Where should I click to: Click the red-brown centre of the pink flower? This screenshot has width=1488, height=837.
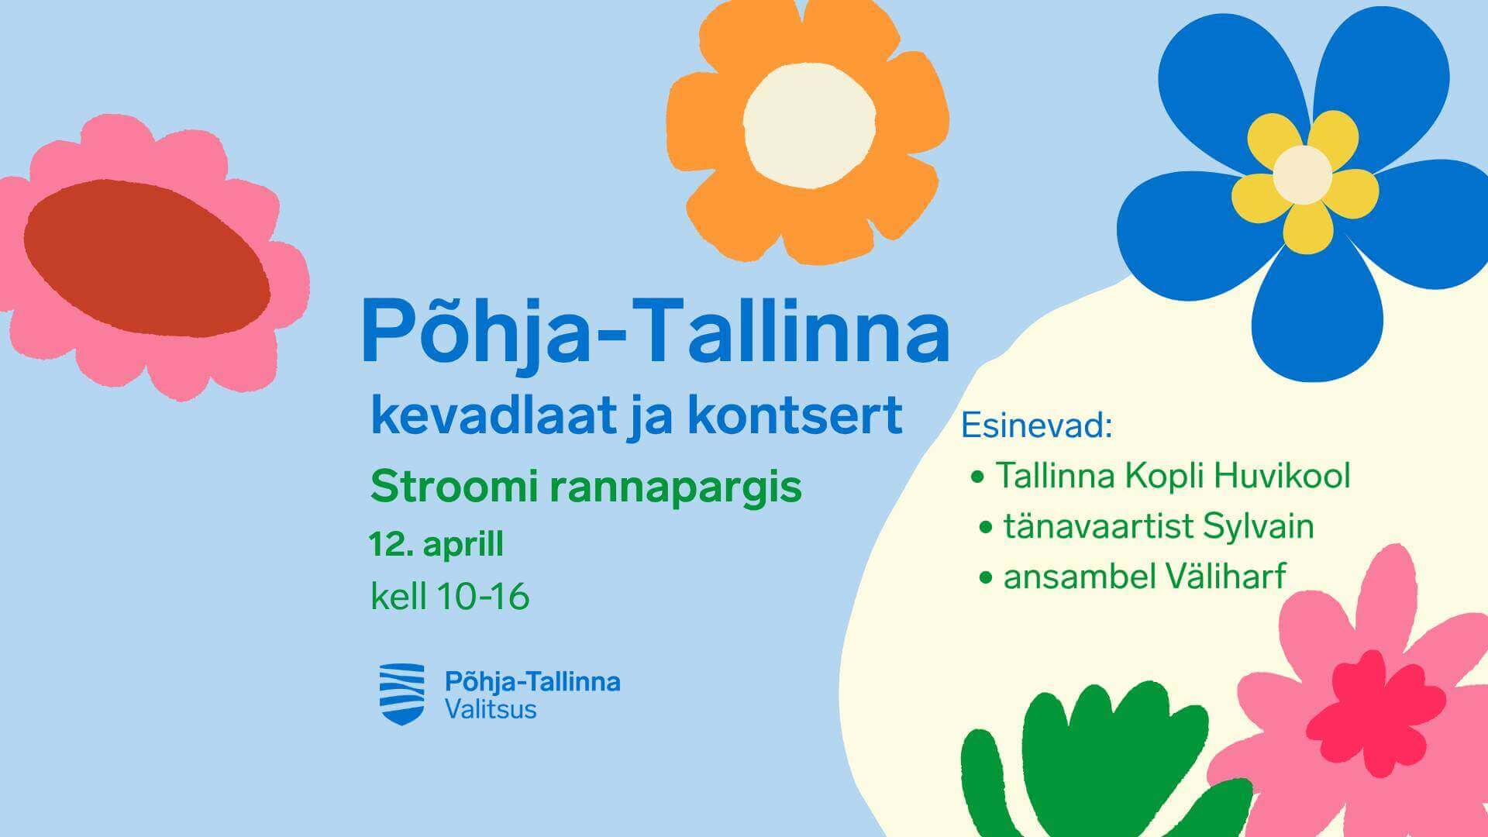point(146,258)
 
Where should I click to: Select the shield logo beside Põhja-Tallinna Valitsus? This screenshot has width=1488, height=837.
point(401,694)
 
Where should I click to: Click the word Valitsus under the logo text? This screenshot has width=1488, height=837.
point(491,709)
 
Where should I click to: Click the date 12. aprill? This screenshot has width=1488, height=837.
point(436,544)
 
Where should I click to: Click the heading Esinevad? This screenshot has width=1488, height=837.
point(1037,426)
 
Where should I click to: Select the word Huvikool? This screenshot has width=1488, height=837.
point(1282,476)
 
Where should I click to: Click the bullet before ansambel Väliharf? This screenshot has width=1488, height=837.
point(986,578)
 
